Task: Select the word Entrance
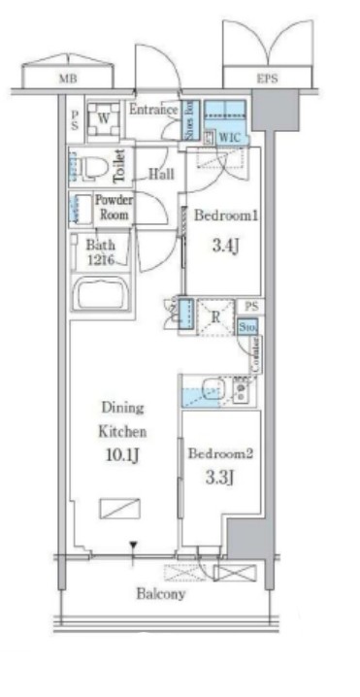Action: point(152,109)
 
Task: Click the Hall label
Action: point(161,175)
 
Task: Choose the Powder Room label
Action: point(114,207)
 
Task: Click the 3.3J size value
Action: point(221,480)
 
